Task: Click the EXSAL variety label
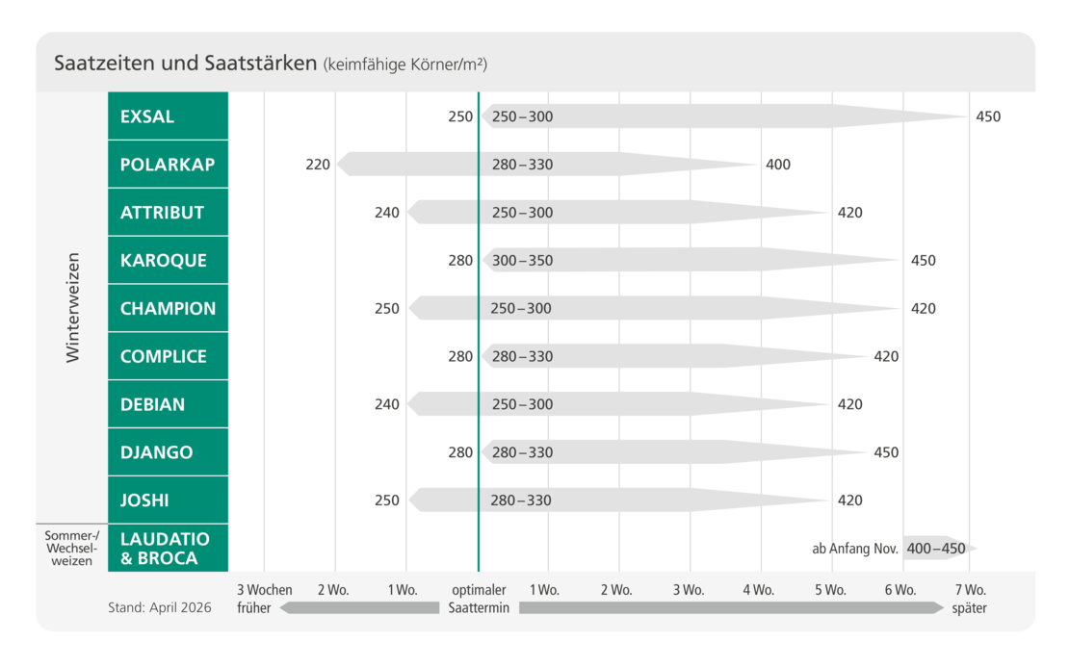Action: click(x=147, y=116)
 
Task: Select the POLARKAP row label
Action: click(x=168, y=165)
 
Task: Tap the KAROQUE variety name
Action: click(x=164, y=260)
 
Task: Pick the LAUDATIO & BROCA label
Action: click(x=165, y=549)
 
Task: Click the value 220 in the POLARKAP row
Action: click(x=318, y=165)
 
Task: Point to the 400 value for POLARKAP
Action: click(x=778, y=165)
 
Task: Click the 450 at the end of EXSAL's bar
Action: click(x=988, y=116)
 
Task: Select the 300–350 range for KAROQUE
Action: click(x=522, y=260)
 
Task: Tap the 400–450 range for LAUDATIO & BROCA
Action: click(x=936, y=549)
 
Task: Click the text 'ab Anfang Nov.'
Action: click(x=855, y=549)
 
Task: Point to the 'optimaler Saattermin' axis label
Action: click(x=479, y=599)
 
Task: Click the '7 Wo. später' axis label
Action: click(x=970, y=599)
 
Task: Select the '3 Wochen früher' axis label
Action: click(x=265, y=599)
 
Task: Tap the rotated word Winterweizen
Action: click(x=72, y=308)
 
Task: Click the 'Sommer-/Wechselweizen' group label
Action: click(x=71, y=549)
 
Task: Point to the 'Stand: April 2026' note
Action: click(x=160, y=607)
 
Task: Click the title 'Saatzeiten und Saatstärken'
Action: click(x=186, y=63)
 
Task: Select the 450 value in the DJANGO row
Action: click(x=886, y=452)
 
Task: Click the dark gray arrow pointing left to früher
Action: click(x=359, y=607)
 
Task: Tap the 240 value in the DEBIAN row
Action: click(x=386, y=404)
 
